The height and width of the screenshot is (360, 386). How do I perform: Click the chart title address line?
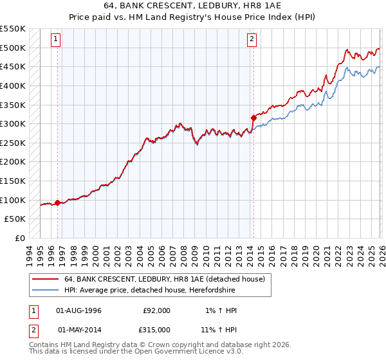(x=192, y=6)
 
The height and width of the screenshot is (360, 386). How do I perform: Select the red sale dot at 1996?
(x=58, y=203)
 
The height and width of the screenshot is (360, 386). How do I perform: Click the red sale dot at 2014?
(x=253, y=118)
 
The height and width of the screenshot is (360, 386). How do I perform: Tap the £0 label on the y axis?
(x=20, y=238)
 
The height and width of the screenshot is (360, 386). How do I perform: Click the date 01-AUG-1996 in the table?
(x=79, y=310)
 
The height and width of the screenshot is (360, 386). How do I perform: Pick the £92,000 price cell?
(x=156, y=310)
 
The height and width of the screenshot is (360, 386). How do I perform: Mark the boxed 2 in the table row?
(x=33, y=329)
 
